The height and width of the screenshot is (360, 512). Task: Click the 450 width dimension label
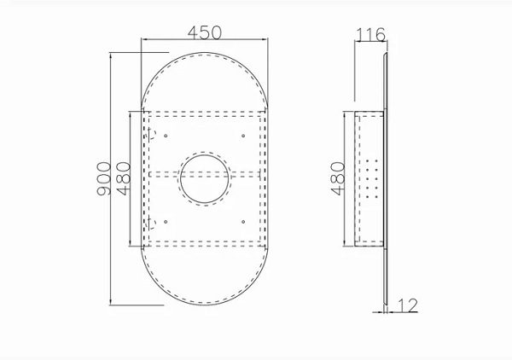(x=205, y=32)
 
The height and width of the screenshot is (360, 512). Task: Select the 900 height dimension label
(x=104, y=178)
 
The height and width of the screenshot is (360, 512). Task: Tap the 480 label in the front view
(x=124, y=178)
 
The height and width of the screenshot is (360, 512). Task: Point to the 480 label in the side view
(x=338, y=178)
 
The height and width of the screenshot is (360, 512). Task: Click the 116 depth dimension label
(x=370, y=35)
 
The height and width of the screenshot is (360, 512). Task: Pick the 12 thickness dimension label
(x=408, y=305)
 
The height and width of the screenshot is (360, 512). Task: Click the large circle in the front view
(x=205, y=179)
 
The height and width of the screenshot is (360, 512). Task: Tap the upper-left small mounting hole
(x=166, y=136)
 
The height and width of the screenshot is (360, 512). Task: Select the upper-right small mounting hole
(x=243, y=136)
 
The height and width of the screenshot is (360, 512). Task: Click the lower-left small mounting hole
(x=166, y=222)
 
